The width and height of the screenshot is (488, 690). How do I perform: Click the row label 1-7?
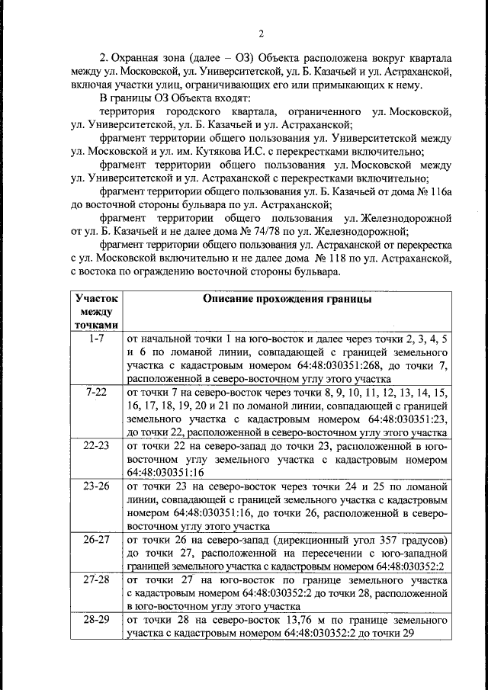(x=96, y=337)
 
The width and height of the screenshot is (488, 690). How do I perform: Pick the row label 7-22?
(x=96, y=392)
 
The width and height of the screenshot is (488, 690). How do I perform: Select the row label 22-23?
(x=96, y=447)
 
